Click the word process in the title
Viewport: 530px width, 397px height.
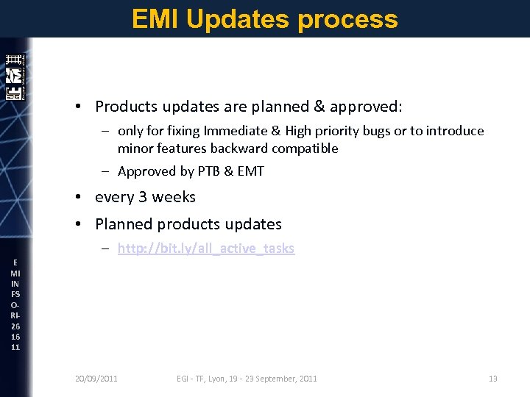[348, 18]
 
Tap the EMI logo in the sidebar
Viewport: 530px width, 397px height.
[14, 76]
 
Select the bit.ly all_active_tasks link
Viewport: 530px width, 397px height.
[205, 248]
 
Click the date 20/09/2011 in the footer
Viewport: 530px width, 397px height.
[96, 379]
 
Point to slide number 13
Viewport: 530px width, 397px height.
[492, 379]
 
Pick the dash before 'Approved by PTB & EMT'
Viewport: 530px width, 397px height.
[106, 171]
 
